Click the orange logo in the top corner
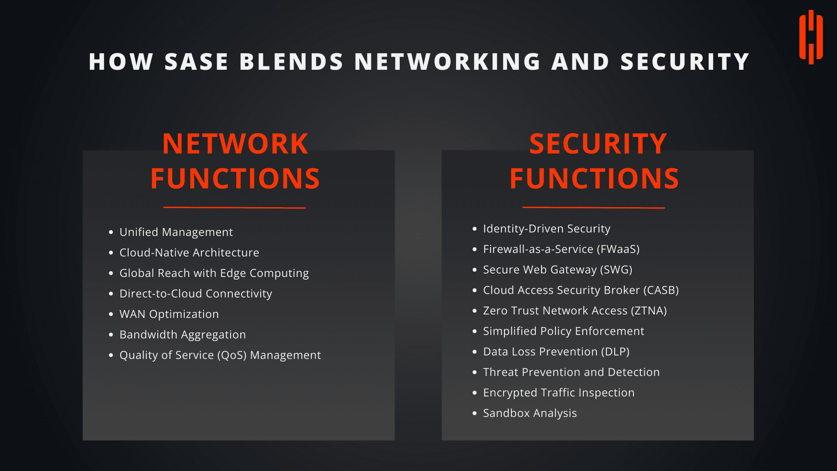[x=811, y=38]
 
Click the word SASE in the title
[x=197, y=61]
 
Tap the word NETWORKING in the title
[x=447, y=61]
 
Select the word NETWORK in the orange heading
[x=235, y=143]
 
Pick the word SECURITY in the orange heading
[x=598, y=143]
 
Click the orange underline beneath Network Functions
[x=235, y=208]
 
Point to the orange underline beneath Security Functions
[x=594, y=208]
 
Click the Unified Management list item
[x=176, y=232]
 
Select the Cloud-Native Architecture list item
[x=189, y=253]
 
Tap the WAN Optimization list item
[x=169, y=314]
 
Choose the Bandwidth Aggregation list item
[x=183, y=334]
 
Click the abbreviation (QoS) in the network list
[x=232, y=355]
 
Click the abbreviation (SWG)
[x=616, y=270]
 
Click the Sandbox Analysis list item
[x=530, y=413]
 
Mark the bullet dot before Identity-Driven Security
[x=475, y=229]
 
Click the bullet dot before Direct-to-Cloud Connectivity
[x=111, y=294]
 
